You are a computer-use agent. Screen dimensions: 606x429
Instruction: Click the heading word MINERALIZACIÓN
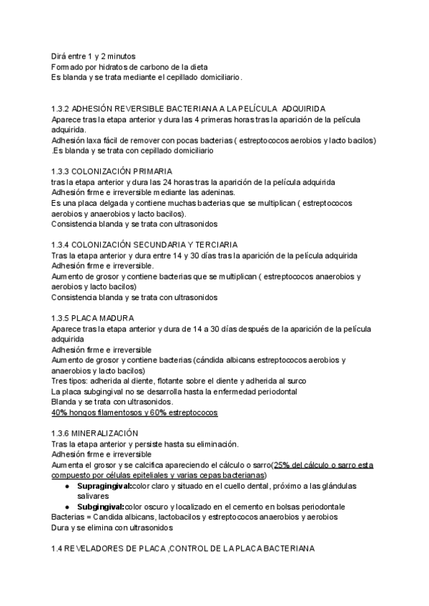tap(105, 434)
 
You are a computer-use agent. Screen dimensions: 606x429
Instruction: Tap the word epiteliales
tap(163, 475)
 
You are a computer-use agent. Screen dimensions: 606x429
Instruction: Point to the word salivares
tap(94, 495)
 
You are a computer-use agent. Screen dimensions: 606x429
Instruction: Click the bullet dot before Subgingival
tap(66, 505)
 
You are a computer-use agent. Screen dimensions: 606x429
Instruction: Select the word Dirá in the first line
tap(60, 56)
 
